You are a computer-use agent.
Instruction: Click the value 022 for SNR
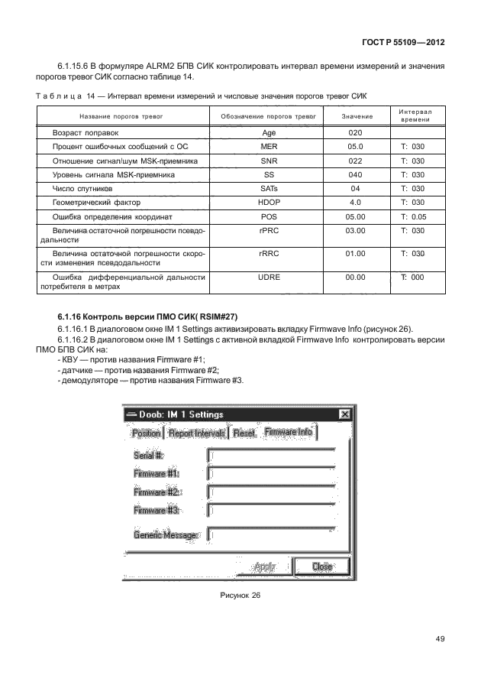pyautogui.click(x=355, y=161)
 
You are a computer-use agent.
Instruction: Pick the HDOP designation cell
pyautogui.click(x=269, y=203)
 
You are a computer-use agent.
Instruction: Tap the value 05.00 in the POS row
pyautogui.click(x=355, y=216)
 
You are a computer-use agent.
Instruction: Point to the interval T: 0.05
pyautogui.click(x=412, y=216)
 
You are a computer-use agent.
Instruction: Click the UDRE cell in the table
pyautogui.click(x=269, y=278)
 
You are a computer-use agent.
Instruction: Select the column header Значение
pyautogui.click(x=355, y=116)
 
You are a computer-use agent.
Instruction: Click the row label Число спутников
pyautogui.click(x=82, y=189)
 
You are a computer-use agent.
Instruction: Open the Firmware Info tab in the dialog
pyautogui.click(x=288, y=433)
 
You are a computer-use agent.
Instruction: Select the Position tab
pyautogui.click(x=146, y=433)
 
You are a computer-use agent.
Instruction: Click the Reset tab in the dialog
pyautogui.click(x=244, y=433)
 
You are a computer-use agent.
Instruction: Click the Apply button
pyautogui.click(x=265, y=567)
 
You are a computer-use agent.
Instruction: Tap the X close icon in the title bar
pyautogui.click(x=345, y=414)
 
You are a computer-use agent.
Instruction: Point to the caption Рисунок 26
pyautogui.click(x=240, y=598)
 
